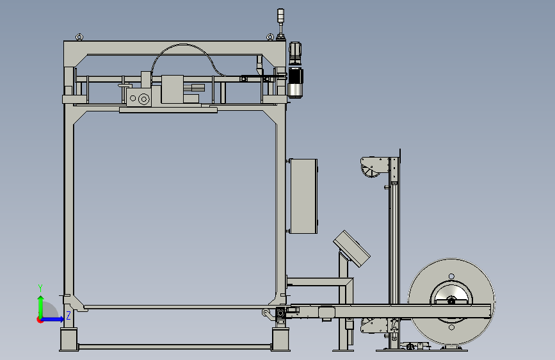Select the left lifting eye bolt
[79, 37]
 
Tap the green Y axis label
[40, 288]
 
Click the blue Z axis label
[68, 315]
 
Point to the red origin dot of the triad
[40, 320]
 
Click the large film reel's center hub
[451, 301]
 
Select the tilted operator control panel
[352, 249]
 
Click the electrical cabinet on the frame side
[303, 196]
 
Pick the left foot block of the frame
[68, 339]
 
